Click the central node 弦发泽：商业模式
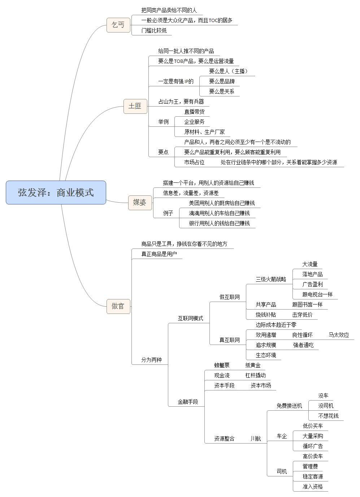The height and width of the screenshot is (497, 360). [56, 193]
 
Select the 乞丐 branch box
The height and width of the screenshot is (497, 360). [118, 25]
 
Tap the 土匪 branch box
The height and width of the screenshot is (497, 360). [135, 106]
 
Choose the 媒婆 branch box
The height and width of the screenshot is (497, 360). [140, 203]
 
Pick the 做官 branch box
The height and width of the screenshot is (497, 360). [118, 306]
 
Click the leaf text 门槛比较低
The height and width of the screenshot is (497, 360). [154, 31]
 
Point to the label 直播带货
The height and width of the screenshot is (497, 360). [194, 112]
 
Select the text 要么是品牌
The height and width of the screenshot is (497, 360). [222, 81]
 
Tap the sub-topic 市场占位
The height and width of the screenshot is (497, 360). [194, 162]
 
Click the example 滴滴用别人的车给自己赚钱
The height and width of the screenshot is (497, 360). [219, 213]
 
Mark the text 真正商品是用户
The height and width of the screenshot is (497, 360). [159, 254]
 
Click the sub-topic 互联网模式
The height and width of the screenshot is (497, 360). [190, 318]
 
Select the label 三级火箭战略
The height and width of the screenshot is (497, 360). [271, 279]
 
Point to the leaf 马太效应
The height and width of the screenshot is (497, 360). [339, 335]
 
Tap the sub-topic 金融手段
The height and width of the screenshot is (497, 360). [188, 402]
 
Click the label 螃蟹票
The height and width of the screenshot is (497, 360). [222, 365]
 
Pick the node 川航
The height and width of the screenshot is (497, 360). [256, 438]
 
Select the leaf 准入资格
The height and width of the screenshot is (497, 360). [313, 487]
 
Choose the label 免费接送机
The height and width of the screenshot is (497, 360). [289, 406]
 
